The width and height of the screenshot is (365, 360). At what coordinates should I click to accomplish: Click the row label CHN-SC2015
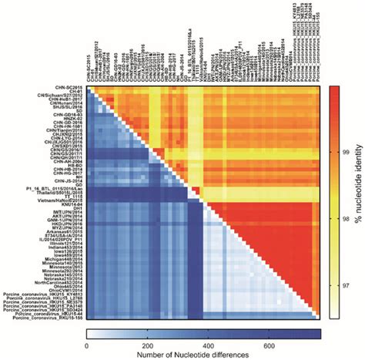65,87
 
